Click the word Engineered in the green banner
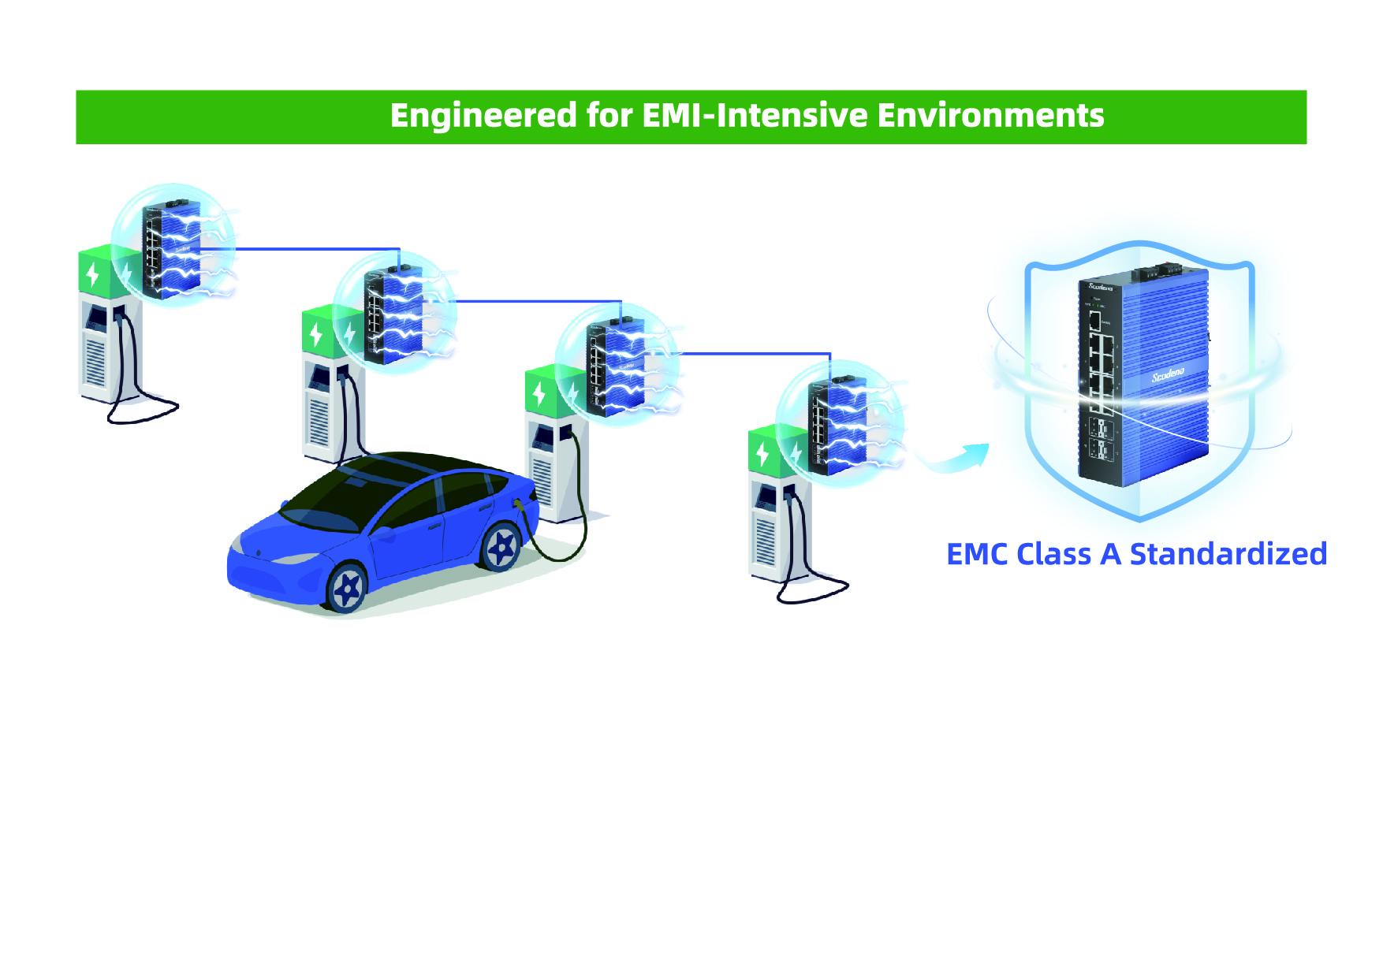click(x=483, y=116)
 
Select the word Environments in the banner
click(x=990, y=116)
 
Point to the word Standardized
click(x=1228, y=554)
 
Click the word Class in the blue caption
click(x=1055, y=554)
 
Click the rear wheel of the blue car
click(x=501, y=546)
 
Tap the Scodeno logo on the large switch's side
click(x=1168, y=375)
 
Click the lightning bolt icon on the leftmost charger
click(x=93, y=273)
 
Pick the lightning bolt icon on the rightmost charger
click(x=762, y=454)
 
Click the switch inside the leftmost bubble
click(x=171, y=249)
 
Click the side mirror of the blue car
click(x=386, y=534)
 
